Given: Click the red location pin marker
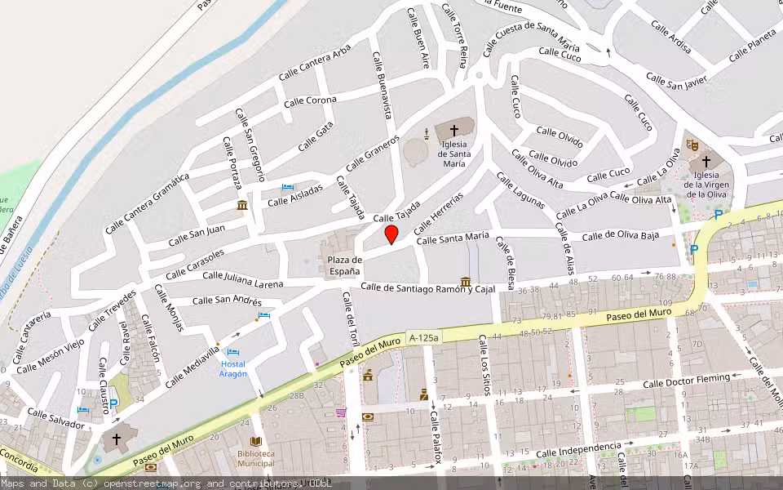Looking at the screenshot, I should click(391, 234).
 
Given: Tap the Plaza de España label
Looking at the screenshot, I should click(344, 265).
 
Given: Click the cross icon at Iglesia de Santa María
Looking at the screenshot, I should click(454, 130).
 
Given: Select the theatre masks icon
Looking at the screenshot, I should click(692, 145).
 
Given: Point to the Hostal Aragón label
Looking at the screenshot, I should click(233, 368).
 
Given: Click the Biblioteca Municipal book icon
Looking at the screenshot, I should click(255, 441).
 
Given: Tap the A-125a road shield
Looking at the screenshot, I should click(423, 336).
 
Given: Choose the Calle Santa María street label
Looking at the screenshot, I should click(453, 238).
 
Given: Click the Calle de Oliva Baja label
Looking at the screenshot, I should click(620, 237).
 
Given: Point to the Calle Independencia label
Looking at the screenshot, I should click(578, 450).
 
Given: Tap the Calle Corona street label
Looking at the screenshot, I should click(310, 101).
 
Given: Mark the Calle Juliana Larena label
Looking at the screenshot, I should click(242, 279).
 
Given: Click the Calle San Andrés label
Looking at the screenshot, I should click(227, 300).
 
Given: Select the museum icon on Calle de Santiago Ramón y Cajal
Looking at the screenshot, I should click(465, 282).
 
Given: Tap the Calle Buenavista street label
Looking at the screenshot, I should click(383, 86).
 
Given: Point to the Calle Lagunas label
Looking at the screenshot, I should click(520, 190).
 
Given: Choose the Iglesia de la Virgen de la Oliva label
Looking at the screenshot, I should click(706, 185).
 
